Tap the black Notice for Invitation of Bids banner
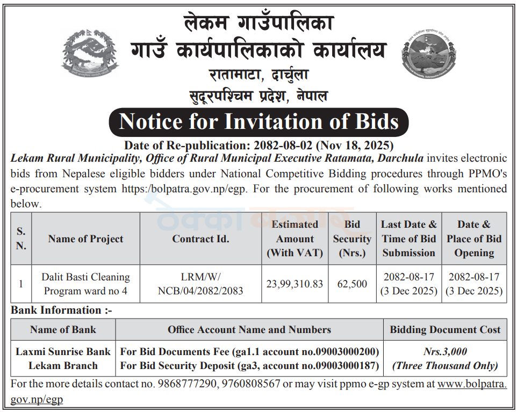coord(258,122)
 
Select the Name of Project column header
coord(85,239)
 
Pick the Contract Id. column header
coord(200,239)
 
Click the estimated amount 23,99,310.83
coord(295,283)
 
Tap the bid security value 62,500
coord(352,283)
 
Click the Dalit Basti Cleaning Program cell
coord(85,284)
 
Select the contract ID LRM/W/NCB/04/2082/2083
coord(200,284)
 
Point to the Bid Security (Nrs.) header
coord(352,238)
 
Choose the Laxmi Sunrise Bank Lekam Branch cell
coord(63,358)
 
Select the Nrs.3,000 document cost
coord(445,352)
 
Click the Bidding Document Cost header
coord(445,329)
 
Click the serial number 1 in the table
coord(21,284)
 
